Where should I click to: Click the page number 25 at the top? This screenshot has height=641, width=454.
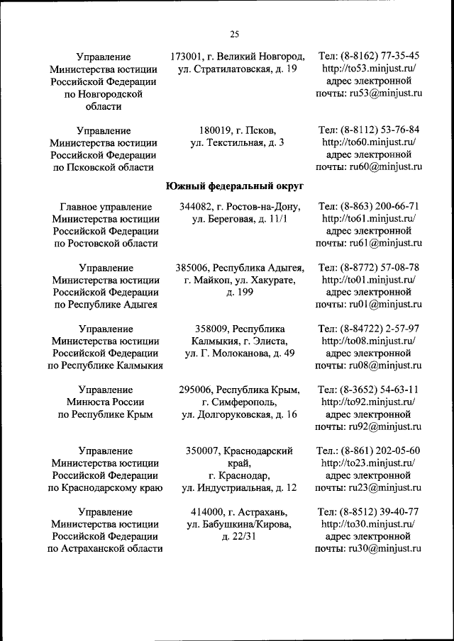point(235,33)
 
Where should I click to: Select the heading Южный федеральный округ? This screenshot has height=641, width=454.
point(235,186)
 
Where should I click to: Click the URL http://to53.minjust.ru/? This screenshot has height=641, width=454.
point(368,69)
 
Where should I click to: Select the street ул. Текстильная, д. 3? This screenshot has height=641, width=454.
point(238,143)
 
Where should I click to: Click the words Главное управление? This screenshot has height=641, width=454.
point(106,206)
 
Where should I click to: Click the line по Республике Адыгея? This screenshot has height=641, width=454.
point(106,305)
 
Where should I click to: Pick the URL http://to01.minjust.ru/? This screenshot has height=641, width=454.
point(368,280)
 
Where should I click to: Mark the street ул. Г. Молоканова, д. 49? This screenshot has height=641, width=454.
point(239,353)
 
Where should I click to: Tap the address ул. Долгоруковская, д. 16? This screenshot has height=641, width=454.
point(239,414)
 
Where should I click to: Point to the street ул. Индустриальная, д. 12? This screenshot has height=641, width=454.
point(239,488)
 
